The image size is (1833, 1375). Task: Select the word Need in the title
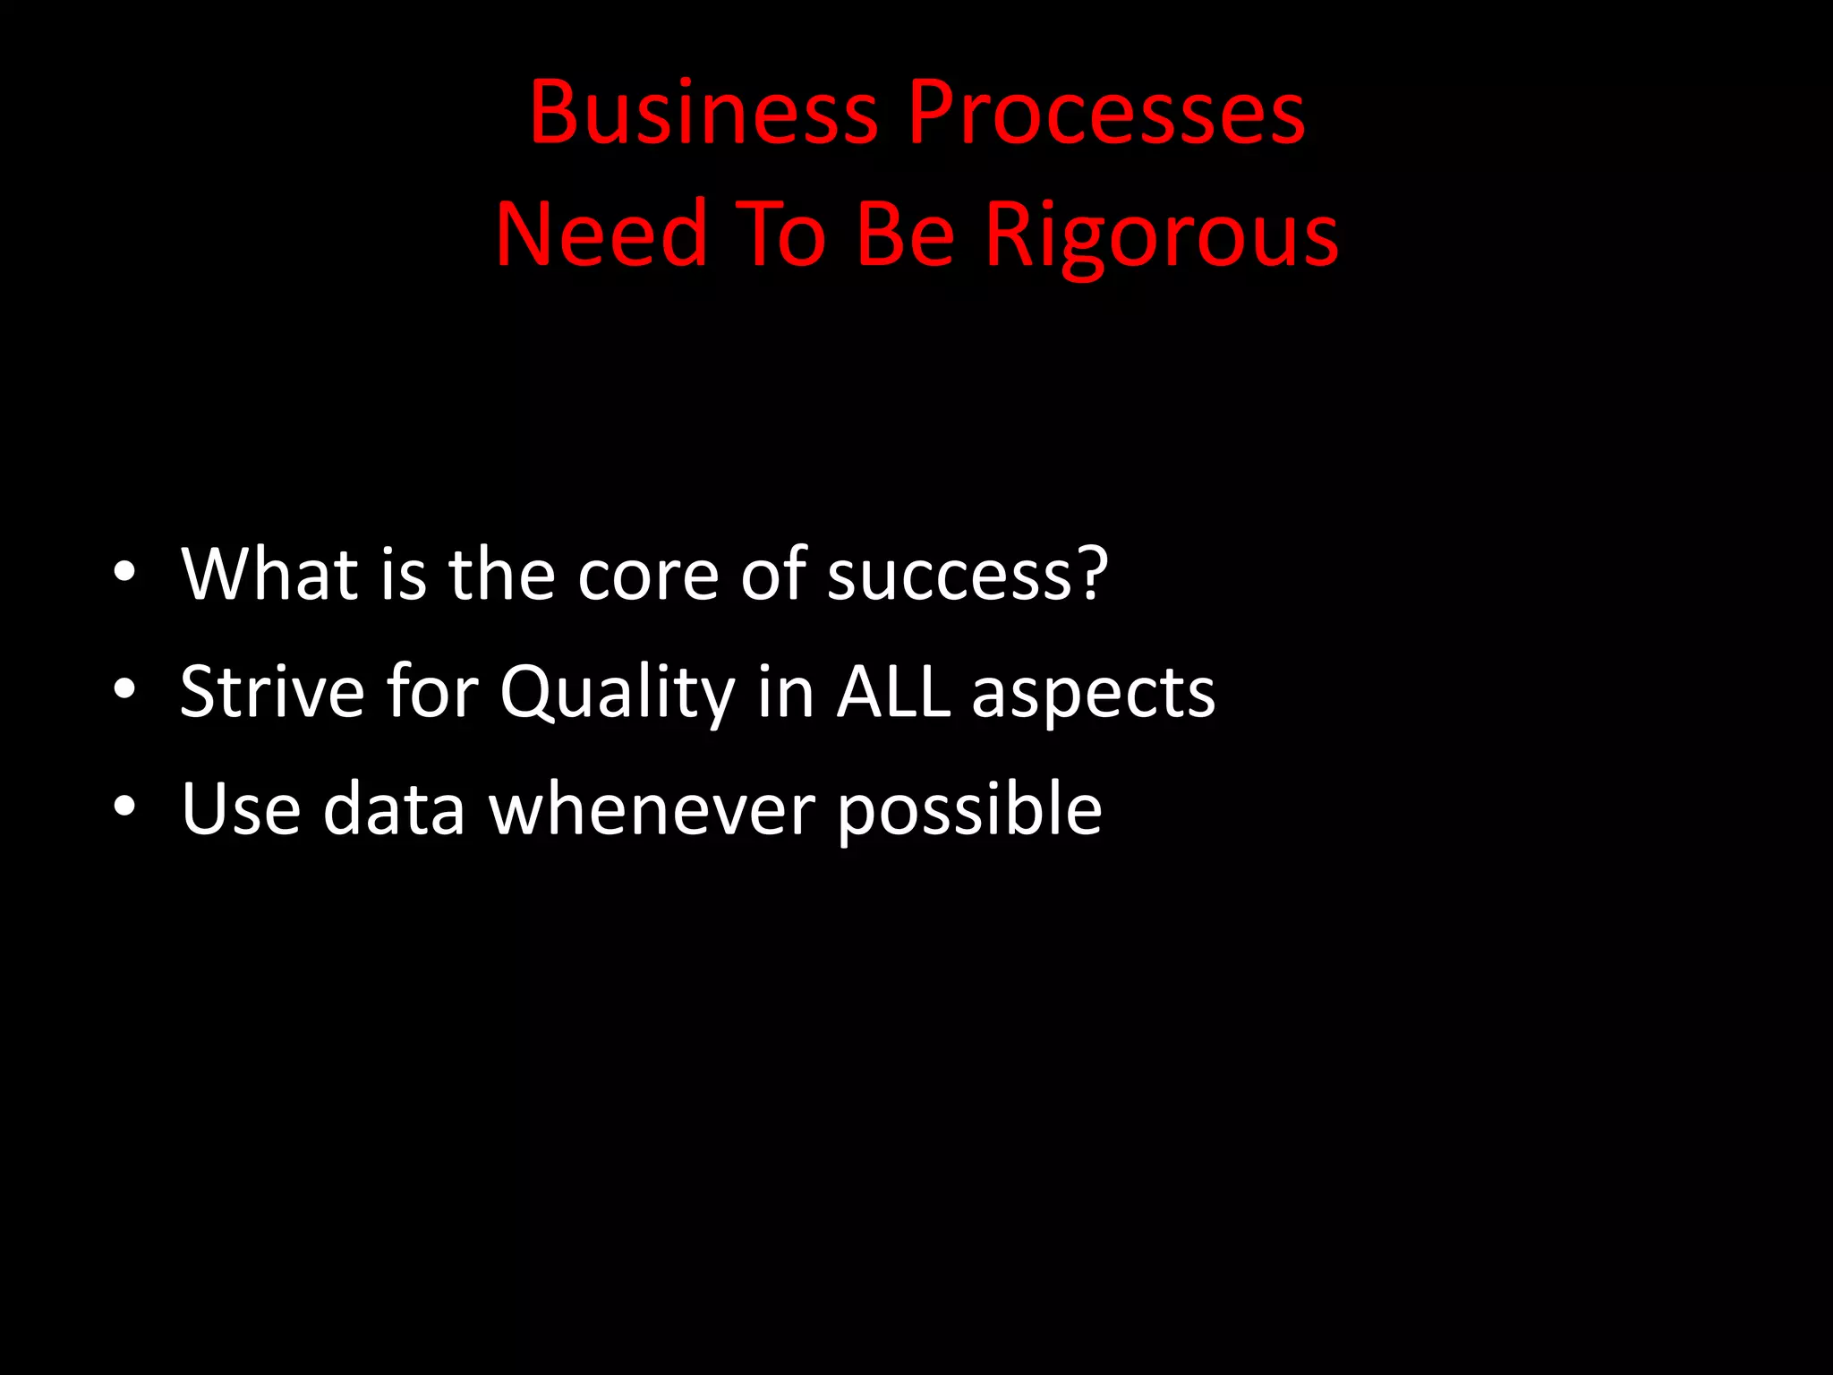tap(601, 235)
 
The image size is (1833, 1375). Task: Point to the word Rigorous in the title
tap(1161, 235)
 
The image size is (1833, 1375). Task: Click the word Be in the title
tap(905, 235)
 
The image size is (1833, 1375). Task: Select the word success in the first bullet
tap(949, 575)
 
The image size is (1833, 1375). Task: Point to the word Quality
tap(617, 692)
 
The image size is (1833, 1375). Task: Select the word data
tap(394, 808)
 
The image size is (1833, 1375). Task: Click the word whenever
tap(652, 808)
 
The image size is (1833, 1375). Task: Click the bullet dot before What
tap(124, 572)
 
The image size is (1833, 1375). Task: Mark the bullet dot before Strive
tap(124, 689)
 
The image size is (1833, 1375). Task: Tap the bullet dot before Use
tap(124, 807)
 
